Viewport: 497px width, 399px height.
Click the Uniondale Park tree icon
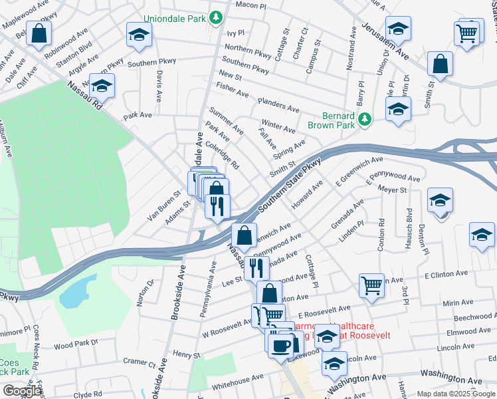click(x=216, y=18)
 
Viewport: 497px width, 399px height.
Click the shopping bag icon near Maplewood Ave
click(x=39, y=33)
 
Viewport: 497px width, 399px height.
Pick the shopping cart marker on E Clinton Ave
click(x=371, y=285)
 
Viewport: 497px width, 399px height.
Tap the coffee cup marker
click(x=279, y=343)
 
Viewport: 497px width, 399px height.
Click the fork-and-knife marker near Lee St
click(x=255, y=268)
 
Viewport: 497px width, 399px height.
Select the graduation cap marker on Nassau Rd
click(x=102, y=86)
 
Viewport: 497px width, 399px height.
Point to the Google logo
click(x=22, y=391)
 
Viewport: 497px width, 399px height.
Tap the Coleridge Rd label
click(x=222, y=154)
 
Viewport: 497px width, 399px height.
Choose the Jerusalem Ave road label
click(x=385, y=42)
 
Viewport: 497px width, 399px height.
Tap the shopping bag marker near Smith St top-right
click(x=441, y=65)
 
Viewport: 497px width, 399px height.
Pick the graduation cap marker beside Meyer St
click(x=440, y=199)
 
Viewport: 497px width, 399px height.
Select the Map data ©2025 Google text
click(x=455, y=393)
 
